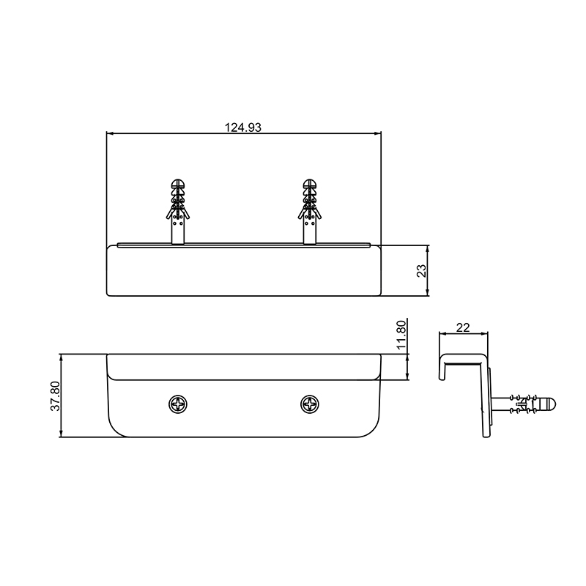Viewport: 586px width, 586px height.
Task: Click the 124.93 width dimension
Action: pos(243,127)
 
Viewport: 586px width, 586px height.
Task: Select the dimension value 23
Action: pos(421,270)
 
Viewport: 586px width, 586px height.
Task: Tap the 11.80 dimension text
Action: pos(401,335)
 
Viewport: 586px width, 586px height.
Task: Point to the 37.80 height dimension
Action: pos(55,396)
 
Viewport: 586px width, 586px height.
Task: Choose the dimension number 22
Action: pos(463,327)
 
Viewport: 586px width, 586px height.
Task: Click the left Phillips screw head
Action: pos(177,404)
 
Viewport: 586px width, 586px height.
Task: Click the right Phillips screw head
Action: pos(310,404)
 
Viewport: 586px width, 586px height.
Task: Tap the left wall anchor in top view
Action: pos(178,212)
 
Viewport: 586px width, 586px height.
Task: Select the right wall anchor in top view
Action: pos(309,212)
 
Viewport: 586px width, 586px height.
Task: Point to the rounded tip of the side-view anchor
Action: pos(552,404)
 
